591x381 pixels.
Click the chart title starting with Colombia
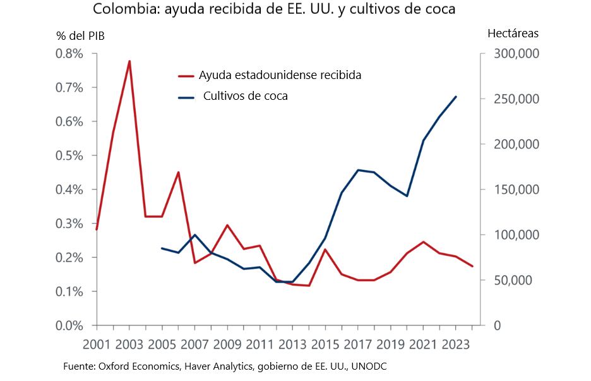tap(274, 10)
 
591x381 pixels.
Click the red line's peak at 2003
tap(129, 61)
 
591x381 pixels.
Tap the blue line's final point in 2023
tap(456, 97)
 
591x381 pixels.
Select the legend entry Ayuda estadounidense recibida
tap(280, 75)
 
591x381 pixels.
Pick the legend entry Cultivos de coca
tap(245, 96)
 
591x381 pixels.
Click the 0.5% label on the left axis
tap(69, 155)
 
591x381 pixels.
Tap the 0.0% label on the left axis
tap(69, 325)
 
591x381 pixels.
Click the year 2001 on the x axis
tap(97, 346)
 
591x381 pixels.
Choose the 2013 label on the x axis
tap(293, 346)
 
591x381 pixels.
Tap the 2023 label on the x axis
tap(456, 346)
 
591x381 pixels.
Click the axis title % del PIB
tap(80, 35)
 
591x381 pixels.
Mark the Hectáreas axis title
tap(513, 33)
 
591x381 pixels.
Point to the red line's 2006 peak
tap(179, 172)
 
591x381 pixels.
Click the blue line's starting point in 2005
tap(162, 248)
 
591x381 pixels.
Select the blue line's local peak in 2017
tap(358, 169)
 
